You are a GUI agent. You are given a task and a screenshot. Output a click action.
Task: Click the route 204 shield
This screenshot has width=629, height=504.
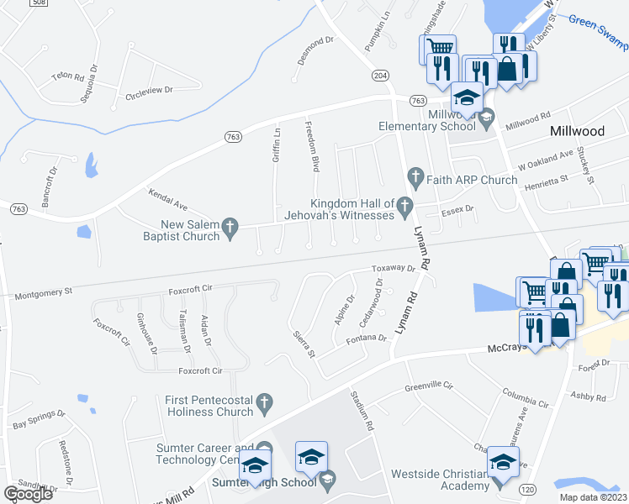pyautogui.click(x=381, y=76)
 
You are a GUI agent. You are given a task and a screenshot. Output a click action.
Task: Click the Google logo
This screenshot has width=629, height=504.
pyautogui.click(x=28, y=494)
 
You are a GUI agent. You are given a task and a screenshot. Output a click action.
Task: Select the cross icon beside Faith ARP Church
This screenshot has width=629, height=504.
pyautogui.click(x=414, y=177)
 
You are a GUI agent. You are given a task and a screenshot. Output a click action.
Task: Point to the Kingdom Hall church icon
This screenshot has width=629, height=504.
pyautogui.click(x=405, y=204)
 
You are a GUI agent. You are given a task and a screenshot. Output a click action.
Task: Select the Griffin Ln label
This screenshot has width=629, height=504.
pyautogui.click(x=277, y=144)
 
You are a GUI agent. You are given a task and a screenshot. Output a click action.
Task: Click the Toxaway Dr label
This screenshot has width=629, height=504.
pyautogui.click(x=394, y=269)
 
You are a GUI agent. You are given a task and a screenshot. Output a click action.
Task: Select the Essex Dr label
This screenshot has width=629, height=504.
pyautogui.click(x=458, y=208)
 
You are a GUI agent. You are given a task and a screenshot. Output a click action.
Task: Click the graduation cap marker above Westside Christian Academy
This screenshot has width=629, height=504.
pyautogui.click(x=503, y=464)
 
